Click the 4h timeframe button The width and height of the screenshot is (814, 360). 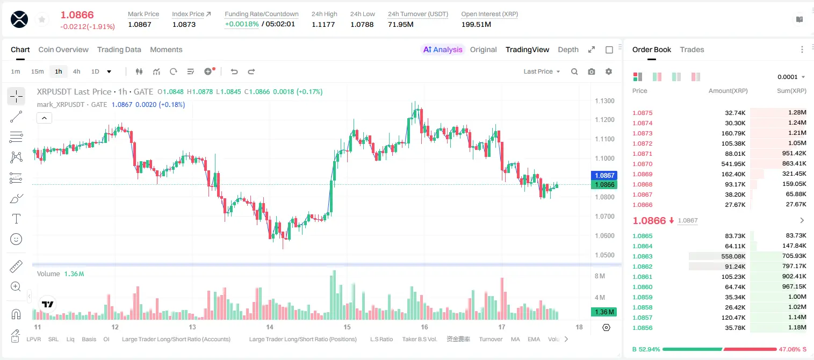(76, 71)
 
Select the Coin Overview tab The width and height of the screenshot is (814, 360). (63, 49)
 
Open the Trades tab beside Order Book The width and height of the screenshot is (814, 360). (692, 49)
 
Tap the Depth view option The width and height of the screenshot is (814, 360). (568, 49)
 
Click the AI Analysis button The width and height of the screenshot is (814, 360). (443, 49)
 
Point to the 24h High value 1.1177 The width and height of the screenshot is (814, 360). (323, 24)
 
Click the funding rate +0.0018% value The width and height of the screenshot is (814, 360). (242, 24)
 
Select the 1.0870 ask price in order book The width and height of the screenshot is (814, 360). (643, 164)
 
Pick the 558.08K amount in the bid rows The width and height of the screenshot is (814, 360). (733, 256)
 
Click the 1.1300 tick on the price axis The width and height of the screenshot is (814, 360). (604, 100)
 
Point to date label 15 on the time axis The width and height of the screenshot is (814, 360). (347, 327)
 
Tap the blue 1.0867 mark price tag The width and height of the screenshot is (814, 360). (604, 176)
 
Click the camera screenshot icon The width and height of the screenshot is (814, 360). (592, 71)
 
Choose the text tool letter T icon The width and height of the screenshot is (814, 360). (16, 219)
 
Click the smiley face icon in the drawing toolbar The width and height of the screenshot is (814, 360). (16, 239)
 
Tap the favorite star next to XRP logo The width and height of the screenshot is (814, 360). (42, 19)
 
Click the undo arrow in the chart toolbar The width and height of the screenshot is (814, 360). (234, 71)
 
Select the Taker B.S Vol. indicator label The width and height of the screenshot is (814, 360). (419, 339)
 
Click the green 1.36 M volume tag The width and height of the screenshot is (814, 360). (604, 312)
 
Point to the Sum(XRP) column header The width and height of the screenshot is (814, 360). (791, 91)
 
